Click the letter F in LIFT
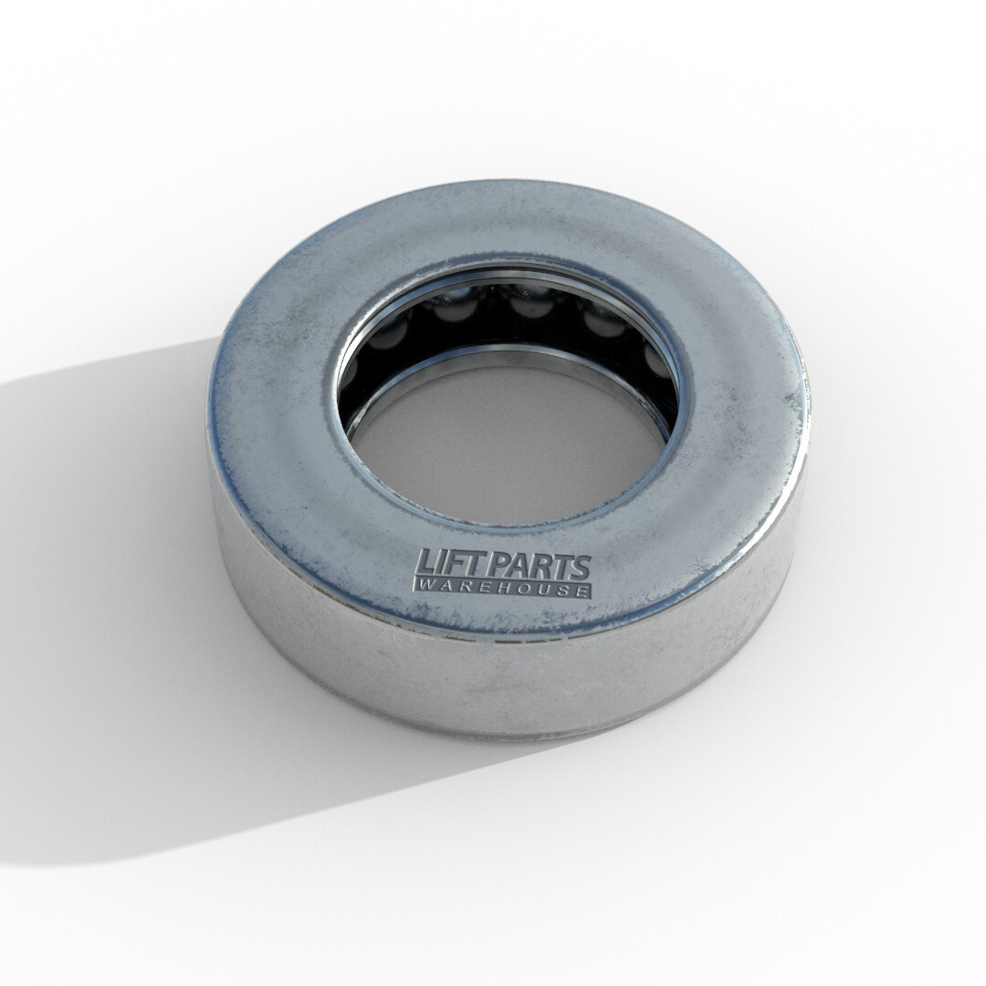pyautogui.click(x=450, y=562)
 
